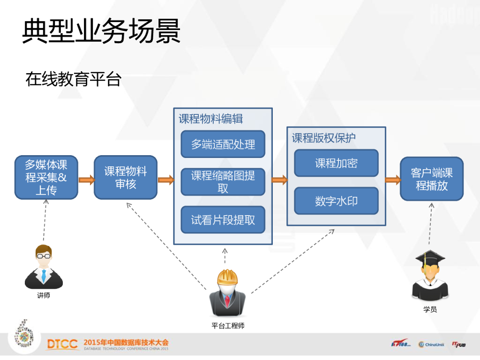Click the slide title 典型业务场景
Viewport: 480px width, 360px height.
(x=101, y=31)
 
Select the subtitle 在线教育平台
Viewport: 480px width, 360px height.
(x=74, y=79)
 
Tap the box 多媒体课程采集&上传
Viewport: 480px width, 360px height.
(x=46, y=178)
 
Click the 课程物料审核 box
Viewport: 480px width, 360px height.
(x=126, y=178)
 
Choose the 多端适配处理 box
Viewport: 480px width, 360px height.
(x=223, y=144)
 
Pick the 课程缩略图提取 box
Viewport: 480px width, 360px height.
(x=223, y=182)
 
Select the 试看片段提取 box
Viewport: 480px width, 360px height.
(x=223, y=220)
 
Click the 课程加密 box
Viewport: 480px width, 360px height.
(x=336, y=163)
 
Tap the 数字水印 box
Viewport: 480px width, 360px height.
(x=336, y=201)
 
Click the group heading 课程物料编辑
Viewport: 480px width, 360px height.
(x=211, y=119)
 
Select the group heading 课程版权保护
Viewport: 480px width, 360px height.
(x=324, y=138)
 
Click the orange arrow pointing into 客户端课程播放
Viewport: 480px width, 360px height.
(x=392, y=180)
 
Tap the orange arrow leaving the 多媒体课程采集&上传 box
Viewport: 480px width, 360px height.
(x=86, y=180)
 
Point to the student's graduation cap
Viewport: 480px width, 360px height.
(x=429, y=258)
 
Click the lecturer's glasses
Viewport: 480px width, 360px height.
(x=44, y=256)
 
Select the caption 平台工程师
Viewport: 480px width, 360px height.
(x=228, y=326)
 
